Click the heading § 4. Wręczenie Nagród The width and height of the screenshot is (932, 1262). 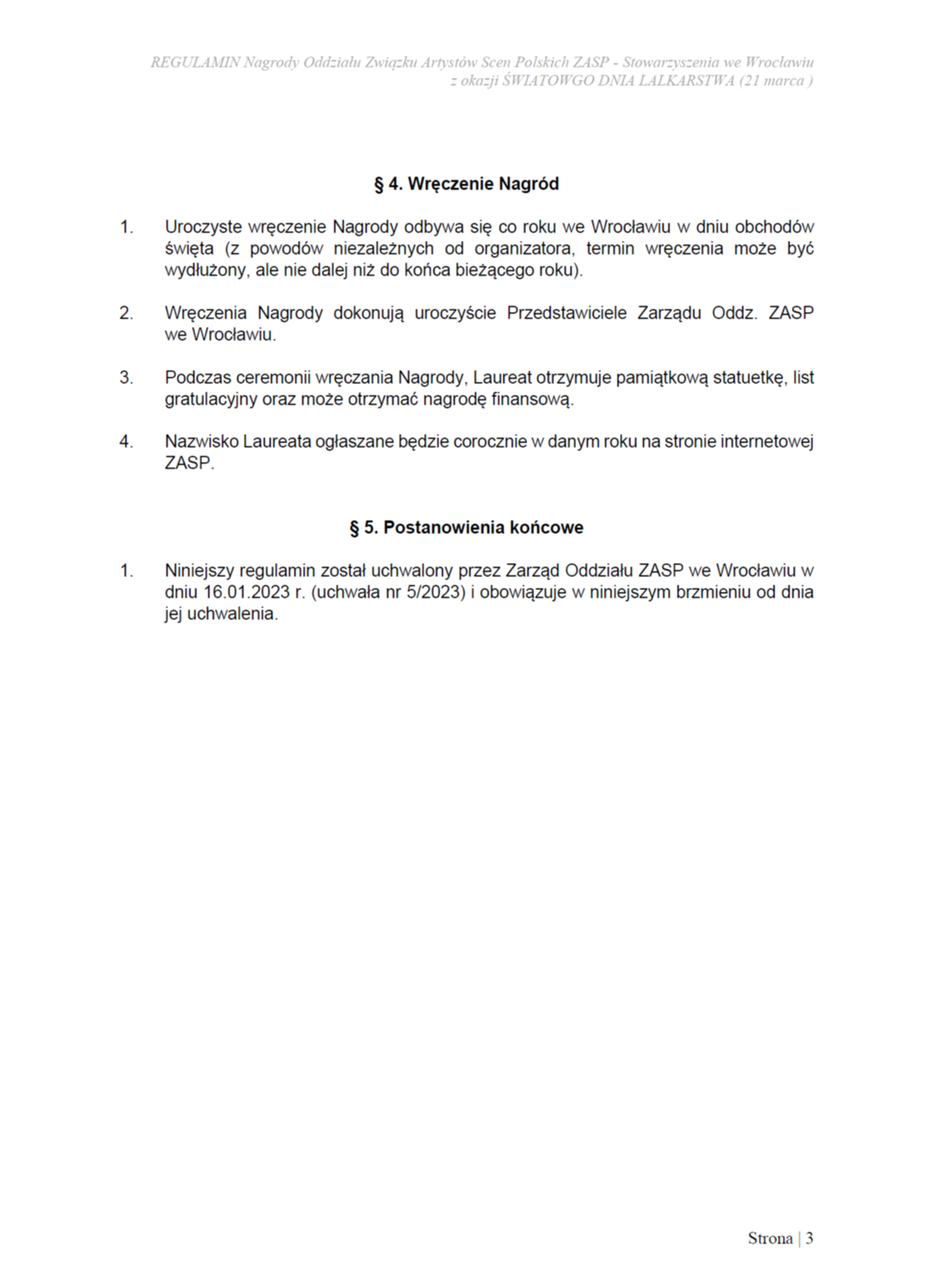(x=466, y=184)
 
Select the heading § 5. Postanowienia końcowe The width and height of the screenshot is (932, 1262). (x=466, y=528)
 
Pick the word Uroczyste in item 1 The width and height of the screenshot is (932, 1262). (x=203, y=227)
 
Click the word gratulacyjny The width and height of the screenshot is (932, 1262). (x=211, y=399)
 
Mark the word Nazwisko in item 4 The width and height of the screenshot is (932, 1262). (x=201, y=442)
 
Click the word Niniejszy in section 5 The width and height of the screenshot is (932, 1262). (x=200, y=571)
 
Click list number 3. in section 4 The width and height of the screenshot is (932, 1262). (x=126, y=378)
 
